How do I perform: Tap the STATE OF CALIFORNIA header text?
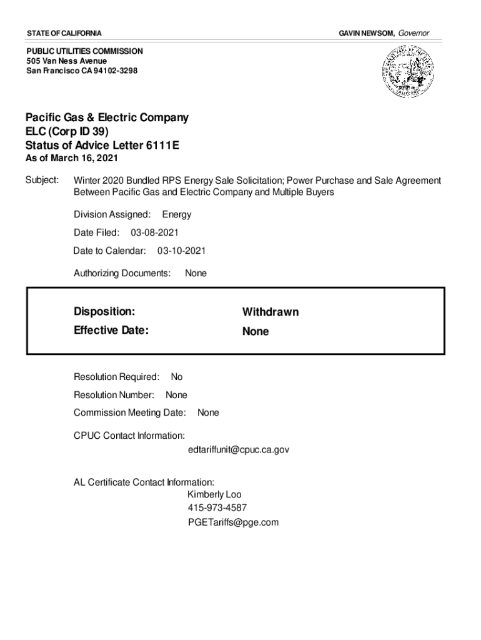(x=64, y=32)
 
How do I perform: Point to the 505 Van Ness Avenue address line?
(x=66, y=61)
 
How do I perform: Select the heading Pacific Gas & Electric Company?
(x=107, y=117)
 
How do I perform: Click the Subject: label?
(x=42, y=181)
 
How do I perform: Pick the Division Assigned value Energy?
(x=177, y=214)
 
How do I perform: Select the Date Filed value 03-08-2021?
(x=154, y=232)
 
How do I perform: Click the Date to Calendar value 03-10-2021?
(x=181, y=251)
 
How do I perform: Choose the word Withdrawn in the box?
(x=270, y=312)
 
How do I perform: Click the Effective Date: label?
(x=111, y=331)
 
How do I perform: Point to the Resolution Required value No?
(x=177, y=377)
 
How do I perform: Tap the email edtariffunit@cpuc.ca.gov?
(x=238, y=449)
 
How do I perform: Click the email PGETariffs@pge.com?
(x=233, y=522)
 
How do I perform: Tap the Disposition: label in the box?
(x=104, y=311)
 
